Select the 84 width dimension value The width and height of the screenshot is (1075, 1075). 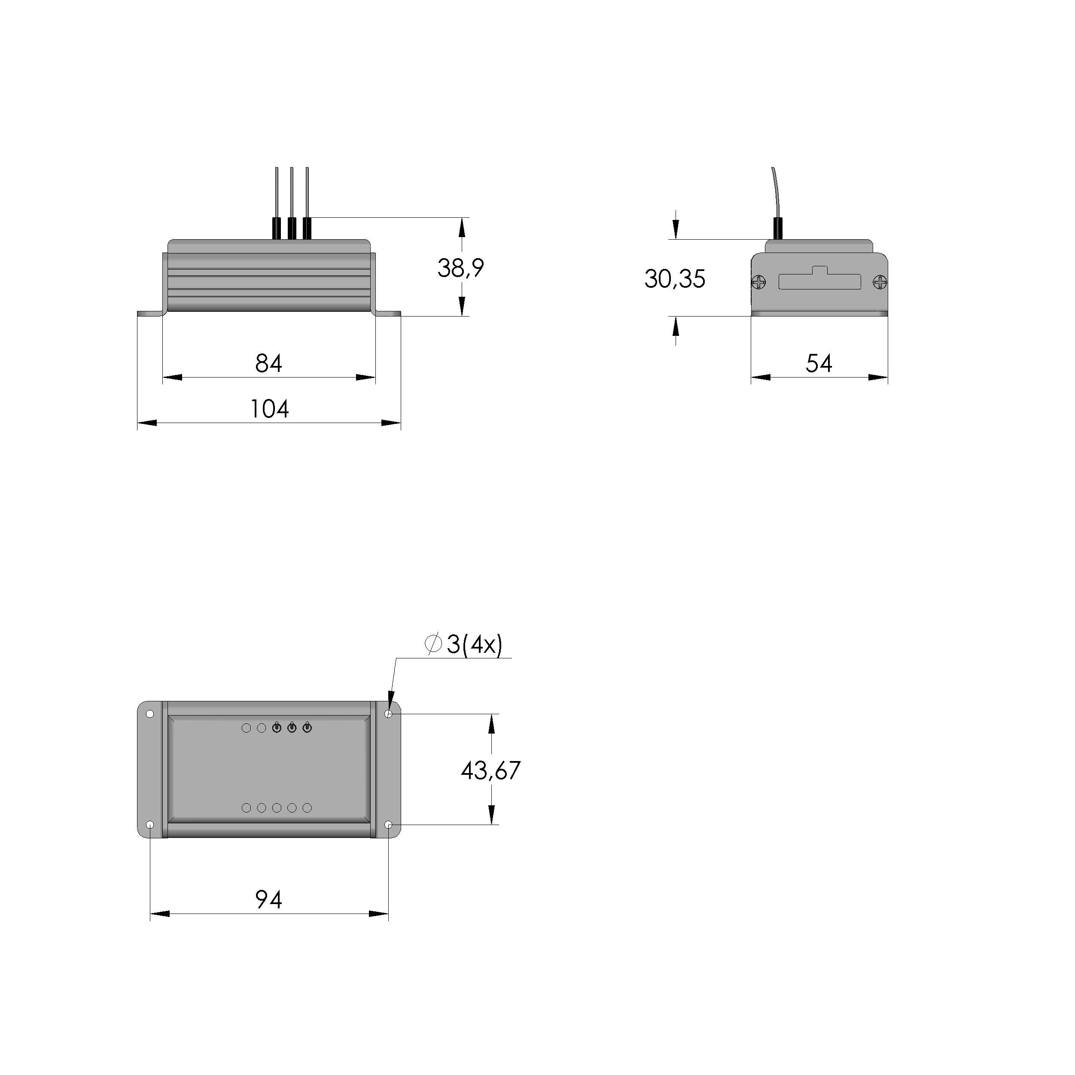pos(269,363)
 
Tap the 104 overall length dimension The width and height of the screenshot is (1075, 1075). pos(269,409)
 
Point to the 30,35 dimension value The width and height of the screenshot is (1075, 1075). pos(674,279)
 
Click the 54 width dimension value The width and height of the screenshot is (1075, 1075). pos(819,363)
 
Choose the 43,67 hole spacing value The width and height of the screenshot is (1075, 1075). pos(490,770)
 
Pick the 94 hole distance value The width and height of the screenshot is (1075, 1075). pos(269,899)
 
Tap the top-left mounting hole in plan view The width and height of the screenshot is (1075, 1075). pos(150,714)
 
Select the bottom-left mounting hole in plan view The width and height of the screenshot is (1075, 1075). pos(150,824)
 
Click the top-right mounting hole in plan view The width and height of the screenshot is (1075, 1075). pos(388,714)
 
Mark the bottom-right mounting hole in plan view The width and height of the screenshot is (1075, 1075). pos(388,824)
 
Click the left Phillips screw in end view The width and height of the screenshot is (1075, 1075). pos(759,283)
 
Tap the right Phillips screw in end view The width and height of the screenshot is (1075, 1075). pos(880,283)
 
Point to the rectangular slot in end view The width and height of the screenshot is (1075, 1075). pos(819,282)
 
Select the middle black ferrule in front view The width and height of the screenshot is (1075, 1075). pos(291,228)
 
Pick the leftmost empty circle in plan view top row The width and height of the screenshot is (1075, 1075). pos(247,728)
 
